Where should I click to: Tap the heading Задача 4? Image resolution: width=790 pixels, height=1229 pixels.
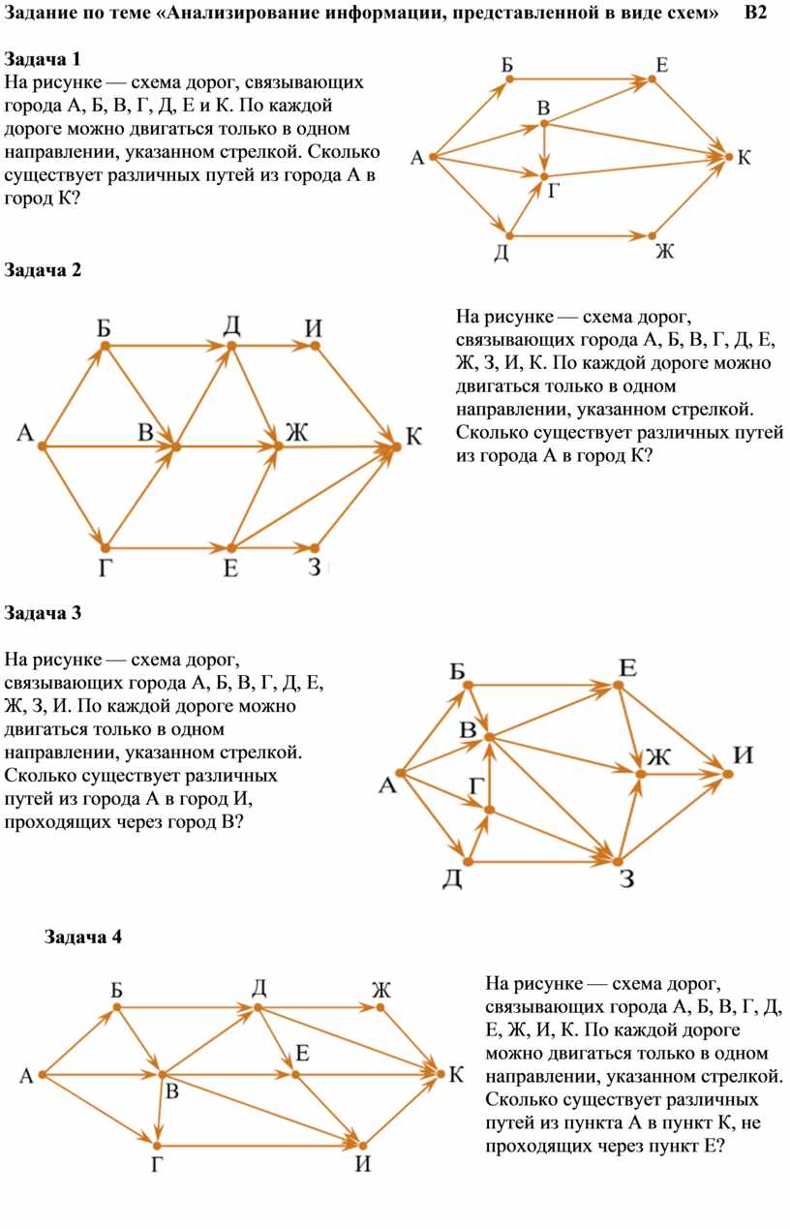(x=84, y=937)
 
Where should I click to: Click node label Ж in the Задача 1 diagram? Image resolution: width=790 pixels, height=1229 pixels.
(x=663, y=252)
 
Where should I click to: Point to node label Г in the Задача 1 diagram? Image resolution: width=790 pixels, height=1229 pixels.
(x=554, y=192)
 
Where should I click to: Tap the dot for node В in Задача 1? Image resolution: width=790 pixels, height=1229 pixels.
(x=544, y=123)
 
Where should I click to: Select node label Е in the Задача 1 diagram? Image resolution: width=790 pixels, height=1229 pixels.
(x=661, y=65)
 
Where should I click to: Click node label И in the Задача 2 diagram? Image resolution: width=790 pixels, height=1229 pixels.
(x=314, y=328)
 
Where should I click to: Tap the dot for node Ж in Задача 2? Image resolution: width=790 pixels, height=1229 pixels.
(x=279, y=446)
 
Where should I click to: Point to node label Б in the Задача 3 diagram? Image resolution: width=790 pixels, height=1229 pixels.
(x=458, y=671)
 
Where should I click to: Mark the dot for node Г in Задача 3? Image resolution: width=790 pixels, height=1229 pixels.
(x=490, y=809)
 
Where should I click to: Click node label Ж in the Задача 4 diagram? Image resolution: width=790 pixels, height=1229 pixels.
(x=380, y=990)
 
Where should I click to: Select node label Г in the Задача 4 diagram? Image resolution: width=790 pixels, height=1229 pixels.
(x=157, y=1163)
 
